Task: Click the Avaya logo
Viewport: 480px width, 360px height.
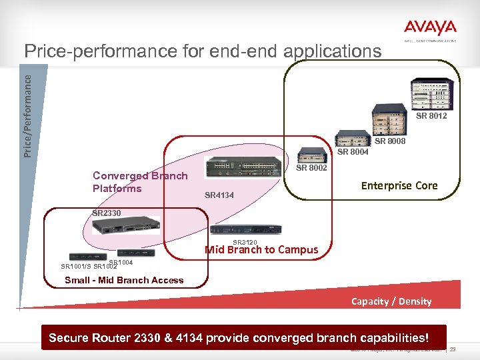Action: pos(430,29)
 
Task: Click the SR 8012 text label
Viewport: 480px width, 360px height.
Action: pos(431,117)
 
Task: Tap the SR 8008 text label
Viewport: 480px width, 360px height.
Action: pos(390,141)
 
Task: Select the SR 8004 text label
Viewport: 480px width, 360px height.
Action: pos(353,152)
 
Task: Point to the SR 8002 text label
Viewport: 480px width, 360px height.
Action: pos(311,168)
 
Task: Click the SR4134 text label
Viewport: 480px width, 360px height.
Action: pos(219,195)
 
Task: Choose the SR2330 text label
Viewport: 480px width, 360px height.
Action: pos(107,213)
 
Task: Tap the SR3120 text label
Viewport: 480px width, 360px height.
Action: pos(245,242)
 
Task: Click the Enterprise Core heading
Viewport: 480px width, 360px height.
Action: pos(399,185)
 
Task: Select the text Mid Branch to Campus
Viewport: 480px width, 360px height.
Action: pos(261,250)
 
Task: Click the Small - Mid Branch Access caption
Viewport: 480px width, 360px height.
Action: pos(124,280)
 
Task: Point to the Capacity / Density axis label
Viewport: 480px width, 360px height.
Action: pos(391,301)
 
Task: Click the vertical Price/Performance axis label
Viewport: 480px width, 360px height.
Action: pos(27,115)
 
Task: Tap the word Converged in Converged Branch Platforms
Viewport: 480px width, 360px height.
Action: pos(121,176)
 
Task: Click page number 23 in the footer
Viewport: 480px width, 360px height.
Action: pos(454,349)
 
